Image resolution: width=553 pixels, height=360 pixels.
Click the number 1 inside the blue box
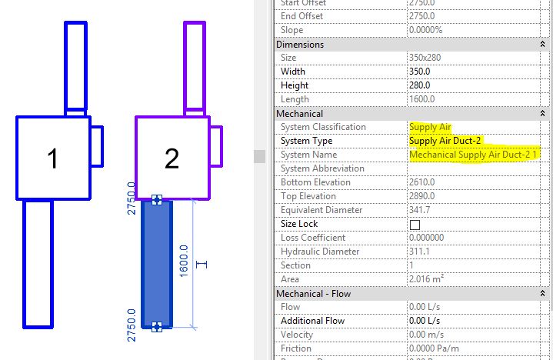click(x=52, y=158)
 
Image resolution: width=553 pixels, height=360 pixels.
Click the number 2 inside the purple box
click(x=172, y=158)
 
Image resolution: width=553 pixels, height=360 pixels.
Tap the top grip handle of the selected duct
click(x=157, y=200)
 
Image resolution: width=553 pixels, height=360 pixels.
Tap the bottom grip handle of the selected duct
click(x=157, y=327)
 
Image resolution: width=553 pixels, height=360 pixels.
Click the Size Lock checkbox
click(x=415, y=224)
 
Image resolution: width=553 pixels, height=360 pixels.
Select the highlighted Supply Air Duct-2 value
click(x=449, y=141)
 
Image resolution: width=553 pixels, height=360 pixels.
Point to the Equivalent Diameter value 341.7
click(x=421, y=210)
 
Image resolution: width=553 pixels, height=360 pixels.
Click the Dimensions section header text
click(x=300, y=44)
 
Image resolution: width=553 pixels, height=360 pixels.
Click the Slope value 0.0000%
click(x=430, y=30)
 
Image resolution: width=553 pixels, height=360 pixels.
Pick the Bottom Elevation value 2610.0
click(x=424, y=182)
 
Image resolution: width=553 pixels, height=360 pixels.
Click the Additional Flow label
click(x=312, y=321)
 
